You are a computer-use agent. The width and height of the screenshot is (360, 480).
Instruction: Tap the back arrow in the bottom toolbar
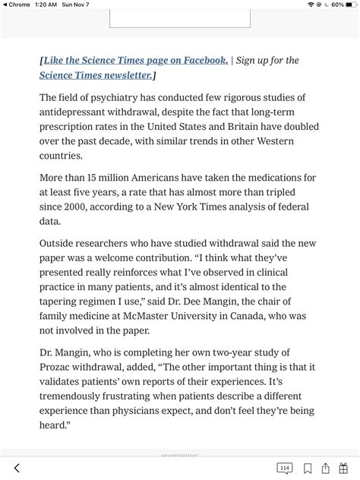[17, 468]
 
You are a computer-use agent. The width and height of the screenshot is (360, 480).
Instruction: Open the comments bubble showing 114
[285, 468]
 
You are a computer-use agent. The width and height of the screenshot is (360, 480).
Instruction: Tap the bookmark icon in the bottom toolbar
[308, 468]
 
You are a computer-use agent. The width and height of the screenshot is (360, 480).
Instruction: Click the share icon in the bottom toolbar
[326, 468]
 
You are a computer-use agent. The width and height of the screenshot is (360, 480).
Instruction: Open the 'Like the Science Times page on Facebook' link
[135, 60]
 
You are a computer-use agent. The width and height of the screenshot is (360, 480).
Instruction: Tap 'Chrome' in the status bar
[21, 5]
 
